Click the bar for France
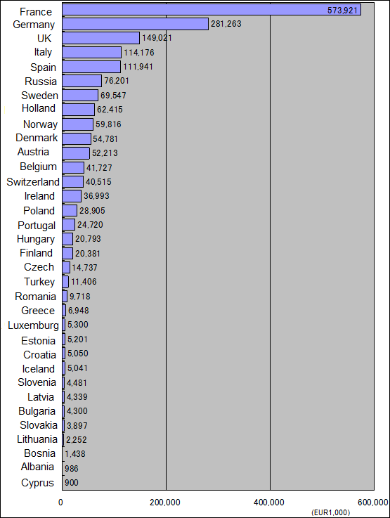[212, 10]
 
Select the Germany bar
[136, 24]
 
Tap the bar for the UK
[100, 38]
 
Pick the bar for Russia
[82, 81]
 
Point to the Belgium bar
[73, 167]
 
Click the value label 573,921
[342, 11]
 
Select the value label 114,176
[139, 53]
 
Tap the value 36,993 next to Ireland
[96, 196]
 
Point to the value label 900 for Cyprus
[72, 483]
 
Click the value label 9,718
[80, 297]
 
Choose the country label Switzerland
[33, 182]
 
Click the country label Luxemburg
[33, 325]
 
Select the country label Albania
[37, 467]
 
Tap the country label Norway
[40, 124]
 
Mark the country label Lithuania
[37, 439]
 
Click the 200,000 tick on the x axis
[165, 503]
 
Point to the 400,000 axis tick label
[269, 503]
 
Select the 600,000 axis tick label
[373, 503]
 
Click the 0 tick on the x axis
[60, 503]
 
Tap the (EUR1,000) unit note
[330, 512]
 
